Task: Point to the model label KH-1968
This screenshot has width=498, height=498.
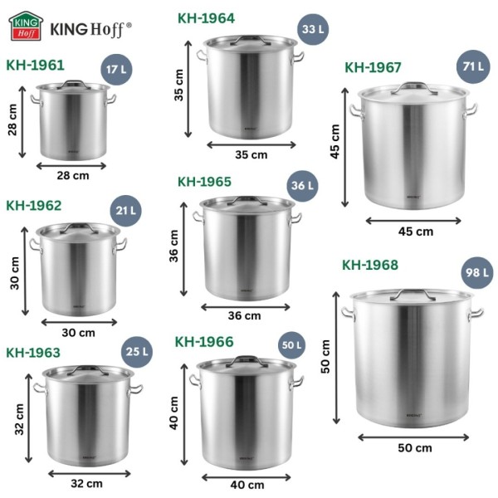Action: pos(370,265)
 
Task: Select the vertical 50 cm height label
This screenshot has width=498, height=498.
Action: pos(326,355)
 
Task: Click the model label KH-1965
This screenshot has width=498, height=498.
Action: pos(204,181)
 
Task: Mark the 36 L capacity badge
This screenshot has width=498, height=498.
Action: pos(301,185)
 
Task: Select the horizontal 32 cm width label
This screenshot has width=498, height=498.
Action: pos(87,483)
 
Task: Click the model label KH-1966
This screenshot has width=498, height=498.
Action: pos(204,341)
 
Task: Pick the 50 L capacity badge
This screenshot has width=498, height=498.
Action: pos(291,344)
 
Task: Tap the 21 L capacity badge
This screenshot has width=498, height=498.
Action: pos(125,211)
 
